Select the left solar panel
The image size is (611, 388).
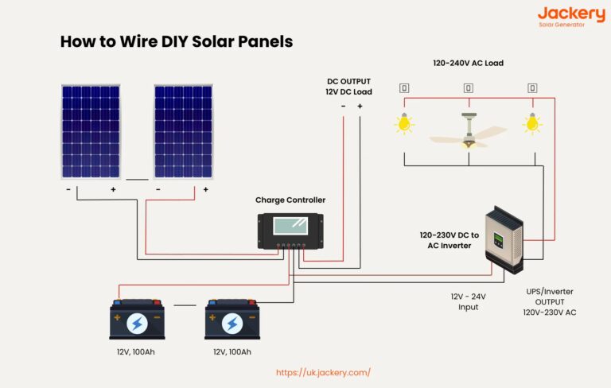click(91, 131)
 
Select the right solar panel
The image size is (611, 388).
click(183, 131)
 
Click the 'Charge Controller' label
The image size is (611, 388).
click(290, 200)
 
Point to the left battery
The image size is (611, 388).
click(136, 320)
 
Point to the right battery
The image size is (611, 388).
click(232, 320)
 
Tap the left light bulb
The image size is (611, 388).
click(404, 123)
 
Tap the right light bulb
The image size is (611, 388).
click(531, 123)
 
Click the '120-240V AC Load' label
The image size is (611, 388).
click(467, 63)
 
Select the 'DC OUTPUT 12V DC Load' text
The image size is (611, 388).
click(349, 87)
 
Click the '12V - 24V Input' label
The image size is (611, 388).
click(468, 301)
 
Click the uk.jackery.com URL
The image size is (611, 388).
click(323, 372)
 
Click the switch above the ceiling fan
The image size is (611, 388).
click(468, 88)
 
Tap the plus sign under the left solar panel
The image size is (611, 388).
click(113, 190)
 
